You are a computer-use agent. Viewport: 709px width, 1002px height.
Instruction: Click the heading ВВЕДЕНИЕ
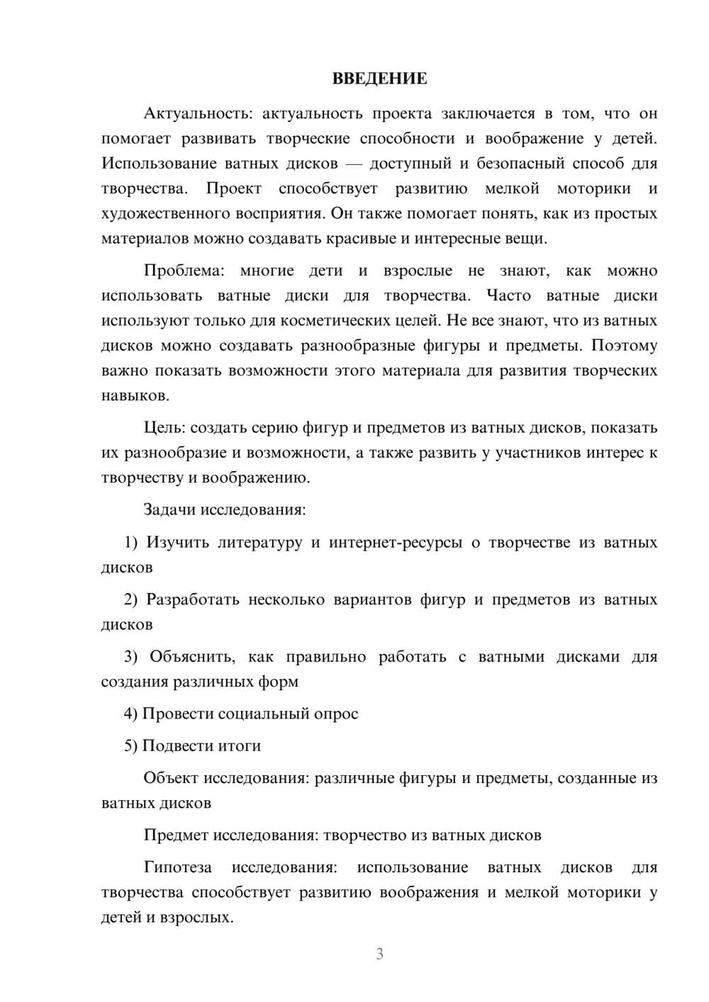pyautogui.click(x=379, y=79)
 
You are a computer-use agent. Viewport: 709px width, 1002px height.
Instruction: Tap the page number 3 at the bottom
pyautogui.click(x=379, y=954)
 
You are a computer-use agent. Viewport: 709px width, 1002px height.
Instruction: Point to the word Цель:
pyautogui.click(x=165, y=427)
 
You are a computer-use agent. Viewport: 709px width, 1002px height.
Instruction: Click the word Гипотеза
pyautogui.click(x=177, y=867)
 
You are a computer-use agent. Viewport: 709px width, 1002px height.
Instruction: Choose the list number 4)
pyautogui.click(x=131, y=714)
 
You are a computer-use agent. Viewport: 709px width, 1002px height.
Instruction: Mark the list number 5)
pyautogui.click(x=131, y=745)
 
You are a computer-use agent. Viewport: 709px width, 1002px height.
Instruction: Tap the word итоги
pyautogui.click(x=240, y=745)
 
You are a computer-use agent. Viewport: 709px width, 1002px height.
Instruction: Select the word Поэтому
pyautogui.click(x=624, y=346)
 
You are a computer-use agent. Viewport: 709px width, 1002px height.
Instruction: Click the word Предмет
pyautogui.click(x=171, y=835)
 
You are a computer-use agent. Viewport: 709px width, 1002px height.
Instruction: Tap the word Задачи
pyautogui.click(x=170, y=510)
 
